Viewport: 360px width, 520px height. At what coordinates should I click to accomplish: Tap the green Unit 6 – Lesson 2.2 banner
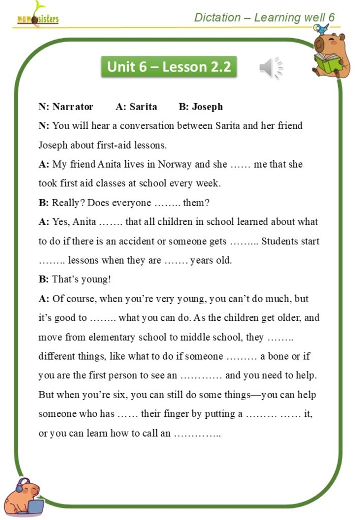click(x=169, y=67)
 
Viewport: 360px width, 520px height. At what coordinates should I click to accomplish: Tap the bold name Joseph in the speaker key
click(x=207, y=107)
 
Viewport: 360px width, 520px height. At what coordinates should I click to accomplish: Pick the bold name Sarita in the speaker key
click(x=143, y=107)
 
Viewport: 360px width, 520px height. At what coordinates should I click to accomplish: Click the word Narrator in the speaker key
click(x=73, y=107)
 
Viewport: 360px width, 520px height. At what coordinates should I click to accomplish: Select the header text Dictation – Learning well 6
click(x=264, y=17)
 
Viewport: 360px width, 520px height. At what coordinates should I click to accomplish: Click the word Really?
click(x=68, y=203)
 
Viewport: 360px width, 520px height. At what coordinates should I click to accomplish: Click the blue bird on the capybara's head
click(x=320, y=28)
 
